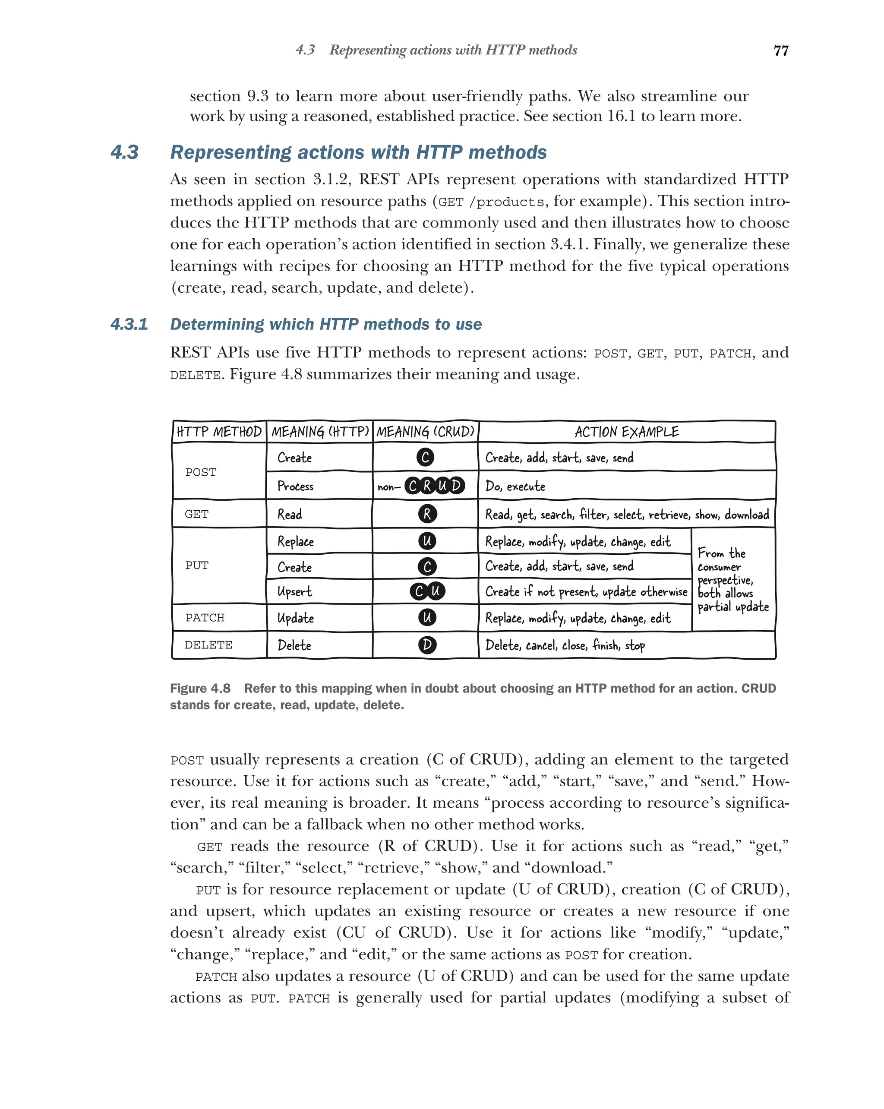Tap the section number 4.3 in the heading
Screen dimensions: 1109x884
click(x=124, y=152)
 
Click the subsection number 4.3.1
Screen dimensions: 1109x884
click(x=129, y=324)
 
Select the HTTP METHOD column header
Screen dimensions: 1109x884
click(x=219, y=432)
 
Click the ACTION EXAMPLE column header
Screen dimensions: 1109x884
click(x=626, y=432)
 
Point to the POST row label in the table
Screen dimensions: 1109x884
click(x=201, y=472)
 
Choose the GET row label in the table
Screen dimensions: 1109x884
click(x=196, y=514)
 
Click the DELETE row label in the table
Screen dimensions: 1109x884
click(x=208, y=645)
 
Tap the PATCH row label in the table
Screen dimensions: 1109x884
click(x=205, y=617)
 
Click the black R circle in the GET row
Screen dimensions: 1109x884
click(x=427, y=514)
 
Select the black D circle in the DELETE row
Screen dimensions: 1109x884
click(x=427, y=645)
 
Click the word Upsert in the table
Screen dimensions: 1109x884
click(x=295, y=591)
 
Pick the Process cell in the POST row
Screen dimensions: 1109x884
click(x=295, y=486)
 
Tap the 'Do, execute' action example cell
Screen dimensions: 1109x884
click(x=515, y=486)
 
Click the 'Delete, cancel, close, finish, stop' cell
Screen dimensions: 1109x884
click(x=565, y=645)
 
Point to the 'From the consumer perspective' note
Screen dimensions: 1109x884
click(x=732, y=580)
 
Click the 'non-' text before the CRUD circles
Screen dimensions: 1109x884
click(x=389, y=487)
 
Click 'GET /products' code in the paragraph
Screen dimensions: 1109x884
click(x=491, y=202)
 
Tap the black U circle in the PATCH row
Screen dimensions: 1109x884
click(x=427, y=617)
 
